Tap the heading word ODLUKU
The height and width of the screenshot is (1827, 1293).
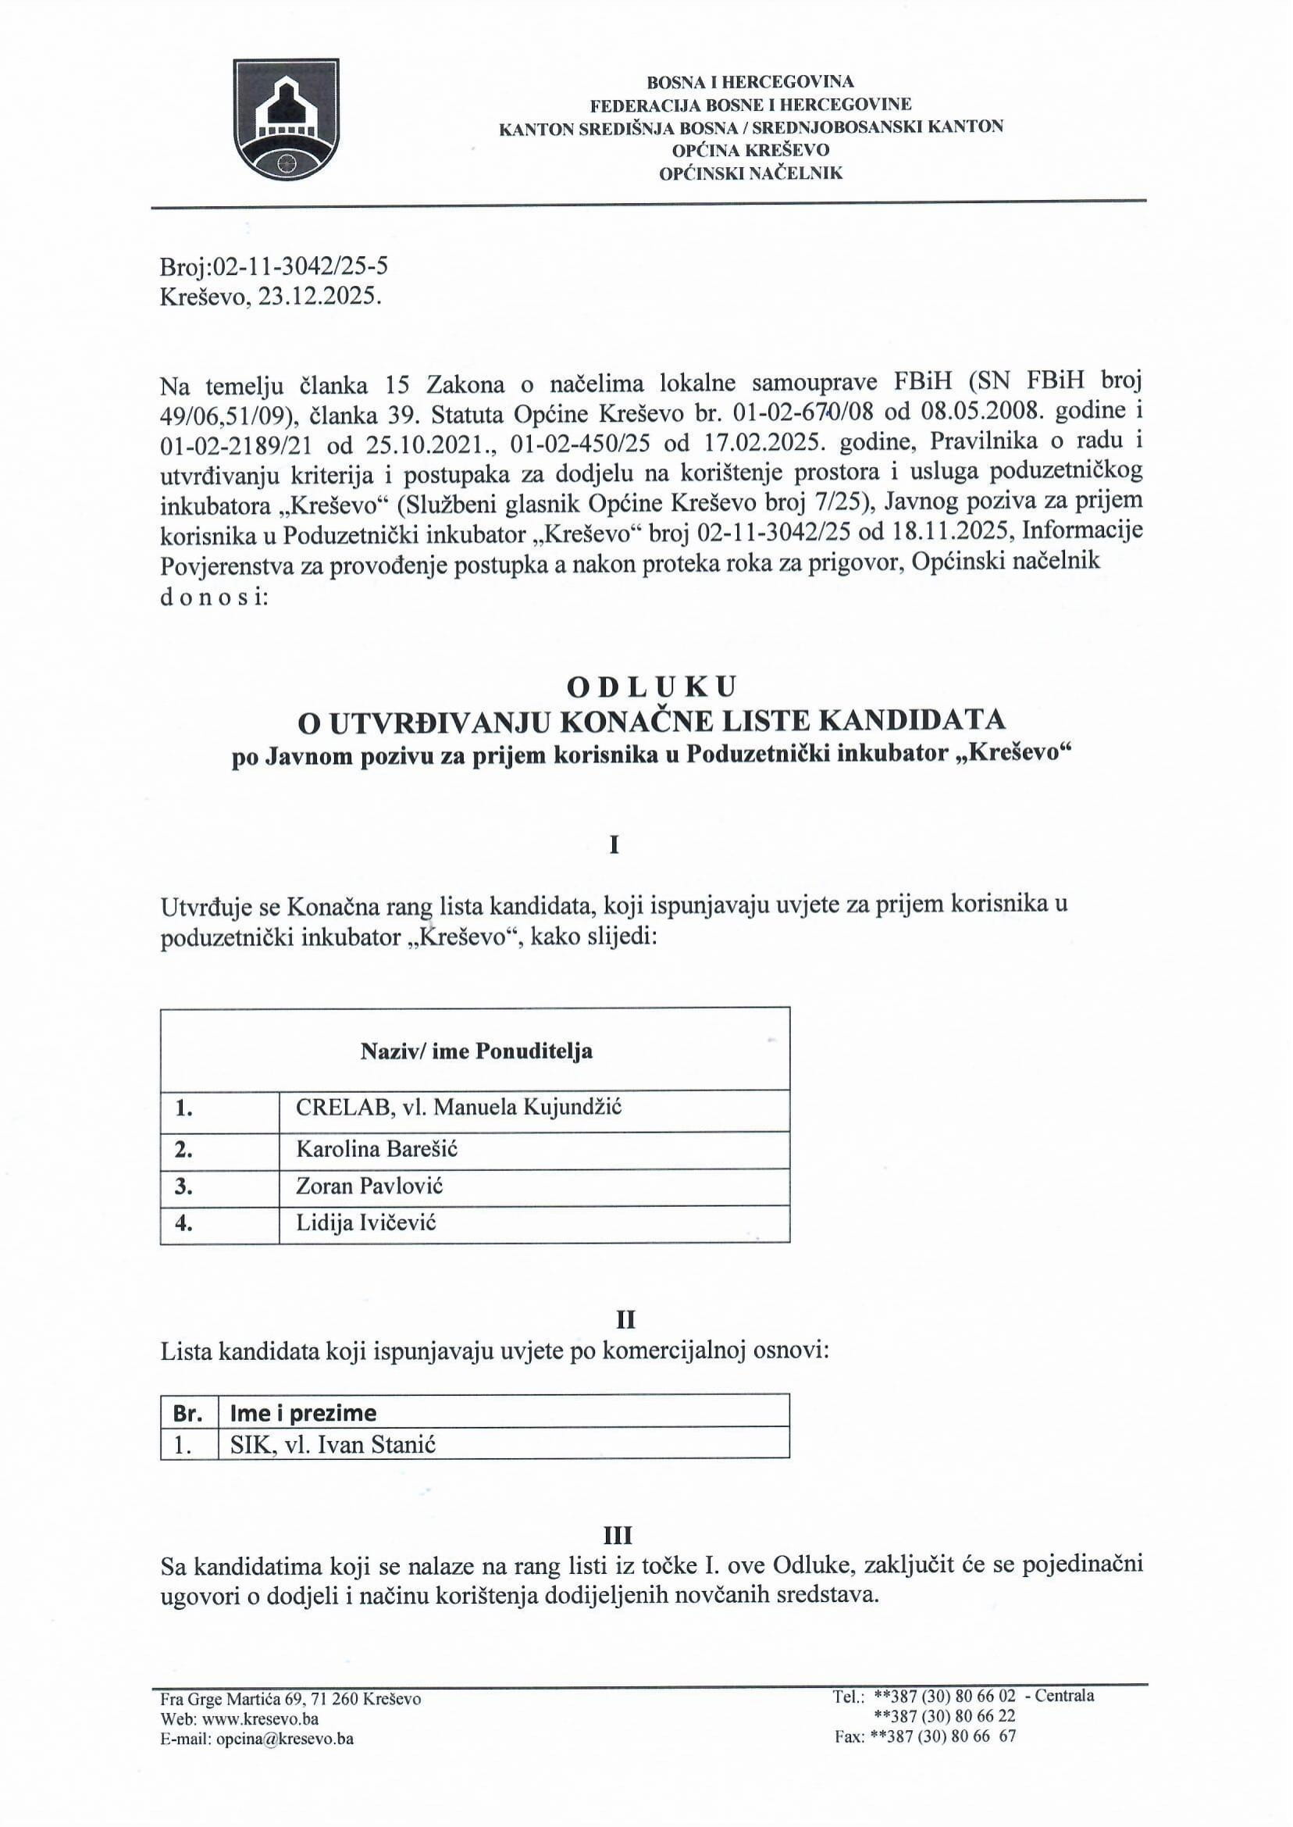tap(651, 686)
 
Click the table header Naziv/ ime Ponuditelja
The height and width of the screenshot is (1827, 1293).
tap(476, 1051)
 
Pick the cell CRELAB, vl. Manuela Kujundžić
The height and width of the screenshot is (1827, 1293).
tap(458, 1107)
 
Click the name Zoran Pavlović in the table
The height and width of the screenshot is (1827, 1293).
tap(369, 1186)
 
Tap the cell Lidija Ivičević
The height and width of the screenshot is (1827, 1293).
tap(366, 1222)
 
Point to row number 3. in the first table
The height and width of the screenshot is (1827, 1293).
tap(184, 1186)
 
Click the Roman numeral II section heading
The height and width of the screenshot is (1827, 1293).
tap(625, 1320)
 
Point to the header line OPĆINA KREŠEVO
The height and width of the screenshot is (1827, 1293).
tap(751, 150)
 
